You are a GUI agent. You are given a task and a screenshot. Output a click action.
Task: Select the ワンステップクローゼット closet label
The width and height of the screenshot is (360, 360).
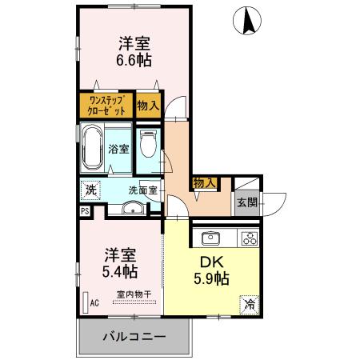click(106, 105)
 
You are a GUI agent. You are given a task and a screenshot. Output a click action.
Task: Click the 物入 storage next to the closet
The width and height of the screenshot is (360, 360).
click(147, 105)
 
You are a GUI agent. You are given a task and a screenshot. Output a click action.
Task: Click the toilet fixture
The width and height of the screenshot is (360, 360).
click(146, 147)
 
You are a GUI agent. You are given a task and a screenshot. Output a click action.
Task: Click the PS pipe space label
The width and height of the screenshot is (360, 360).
click(84, 211)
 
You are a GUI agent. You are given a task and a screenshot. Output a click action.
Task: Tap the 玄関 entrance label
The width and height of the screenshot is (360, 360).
click(246, 202)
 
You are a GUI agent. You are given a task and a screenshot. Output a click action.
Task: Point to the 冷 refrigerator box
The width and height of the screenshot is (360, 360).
click(250, 305)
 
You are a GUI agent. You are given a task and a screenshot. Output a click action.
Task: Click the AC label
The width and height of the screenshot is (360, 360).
click(94, 303)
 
